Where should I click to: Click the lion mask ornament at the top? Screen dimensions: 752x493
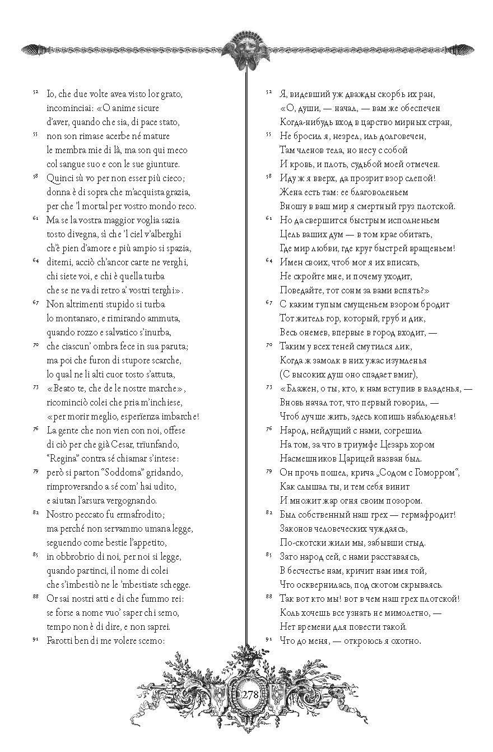click(247, 49)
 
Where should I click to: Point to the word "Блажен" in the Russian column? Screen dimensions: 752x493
click(301, 388)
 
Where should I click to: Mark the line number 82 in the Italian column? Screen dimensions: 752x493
click(35, 512)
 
